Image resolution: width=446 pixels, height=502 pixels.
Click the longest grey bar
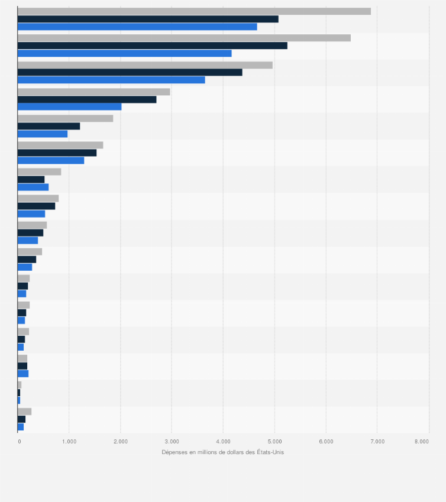pos(194,11)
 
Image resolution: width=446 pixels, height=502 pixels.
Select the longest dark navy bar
pos(152,46)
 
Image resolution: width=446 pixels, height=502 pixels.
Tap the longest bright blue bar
pos(137,27)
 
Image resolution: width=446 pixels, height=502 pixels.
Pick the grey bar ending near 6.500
pos(184,38)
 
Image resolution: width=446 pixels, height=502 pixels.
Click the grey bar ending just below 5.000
pos(145,64)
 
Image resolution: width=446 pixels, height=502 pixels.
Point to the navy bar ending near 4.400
pos(130,72)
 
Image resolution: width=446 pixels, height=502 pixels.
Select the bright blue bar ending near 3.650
pos(111,80)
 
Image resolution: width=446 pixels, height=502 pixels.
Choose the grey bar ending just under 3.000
pos(93,92)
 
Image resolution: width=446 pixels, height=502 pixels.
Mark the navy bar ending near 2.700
pos(87,99)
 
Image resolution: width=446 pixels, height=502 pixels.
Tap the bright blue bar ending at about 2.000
pos(69,106)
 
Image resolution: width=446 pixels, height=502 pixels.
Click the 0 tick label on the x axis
pos(20,441)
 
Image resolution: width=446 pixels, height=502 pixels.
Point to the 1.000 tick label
pos(69,441)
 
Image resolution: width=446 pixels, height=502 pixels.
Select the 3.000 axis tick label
pos(172,441)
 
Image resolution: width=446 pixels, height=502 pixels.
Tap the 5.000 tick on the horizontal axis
pos(274,441)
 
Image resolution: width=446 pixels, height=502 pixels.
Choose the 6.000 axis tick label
pos(325,441)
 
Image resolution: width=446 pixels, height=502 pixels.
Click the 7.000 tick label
pos(377,441)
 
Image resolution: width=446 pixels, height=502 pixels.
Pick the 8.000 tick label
pos(421,441)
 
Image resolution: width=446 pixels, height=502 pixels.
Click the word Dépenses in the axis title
pos(173,452)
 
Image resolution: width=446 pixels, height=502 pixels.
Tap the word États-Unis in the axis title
pos(270,452)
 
